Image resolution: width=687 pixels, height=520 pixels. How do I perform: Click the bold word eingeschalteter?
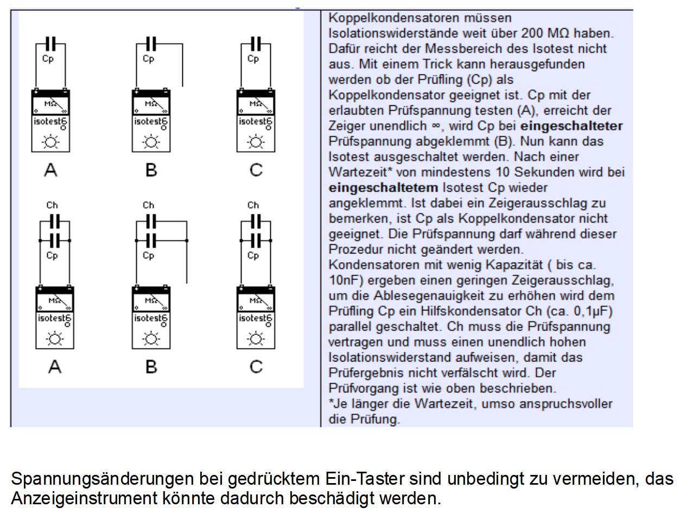pos(571,126)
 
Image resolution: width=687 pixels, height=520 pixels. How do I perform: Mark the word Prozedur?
pos(354,250)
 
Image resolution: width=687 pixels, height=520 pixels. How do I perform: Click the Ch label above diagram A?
pos(52,205)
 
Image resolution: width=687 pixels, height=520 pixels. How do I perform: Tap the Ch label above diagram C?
pos(253,205)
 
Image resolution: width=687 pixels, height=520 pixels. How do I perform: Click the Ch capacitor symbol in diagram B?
pos(151,221)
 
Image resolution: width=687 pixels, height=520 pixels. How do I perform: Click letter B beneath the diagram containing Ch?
pos(151,367)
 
